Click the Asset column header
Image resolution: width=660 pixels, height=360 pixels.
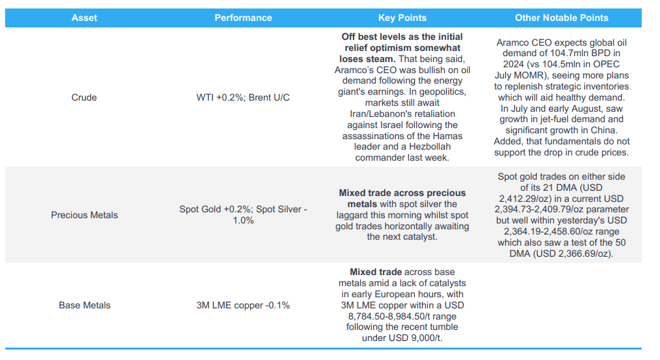click(x=84, y=18)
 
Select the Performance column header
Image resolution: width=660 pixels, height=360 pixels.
click(x=243, y=18)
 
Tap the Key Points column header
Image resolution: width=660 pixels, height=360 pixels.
click(x=402, y=18)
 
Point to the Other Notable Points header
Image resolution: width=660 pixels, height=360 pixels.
click(x=561, y=18)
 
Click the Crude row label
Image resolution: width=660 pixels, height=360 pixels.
click(x=84, y=97)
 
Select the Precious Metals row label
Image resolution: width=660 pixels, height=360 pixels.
click(x=84, y=215)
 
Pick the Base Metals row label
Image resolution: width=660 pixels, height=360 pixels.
click(x=84, y=305)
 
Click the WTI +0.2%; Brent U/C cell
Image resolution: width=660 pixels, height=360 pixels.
click(x=243, y=97)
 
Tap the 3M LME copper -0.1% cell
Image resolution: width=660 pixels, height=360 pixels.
click(x=243, y=305)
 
